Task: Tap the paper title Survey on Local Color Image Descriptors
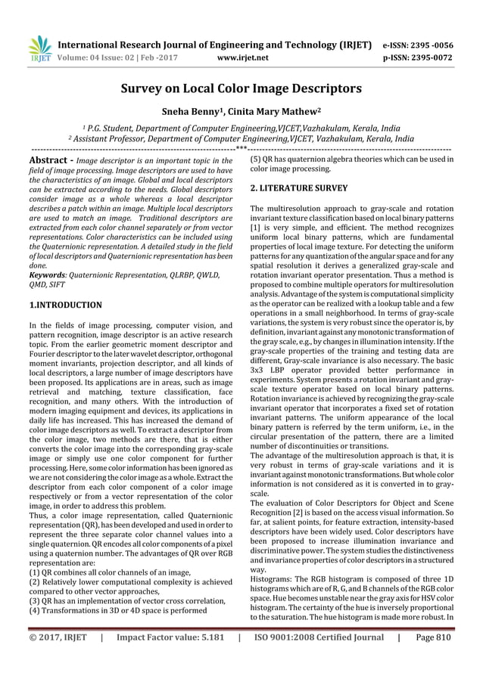click(x=241, y=88)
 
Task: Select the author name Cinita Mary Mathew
click(x=277, y=111)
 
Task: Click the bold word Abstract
click(x=48, y=161)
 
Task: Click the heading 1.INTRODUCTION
click(x=65, y=305)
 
